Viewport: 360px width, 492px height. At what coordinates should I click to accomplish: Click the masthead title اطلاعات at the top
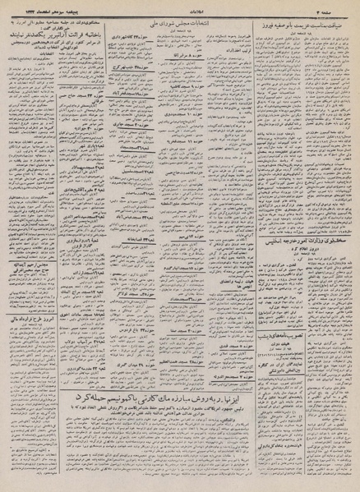(x=178, y=7)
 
